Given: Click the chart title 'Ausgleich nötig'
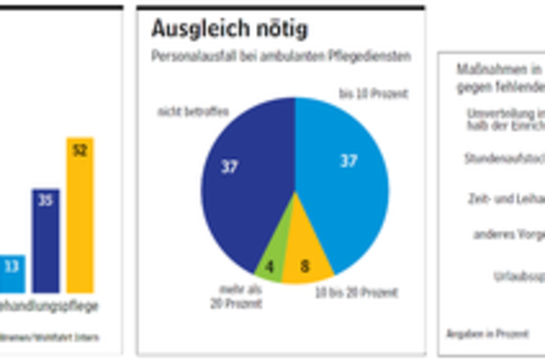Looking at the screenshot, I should [x=229, y=29].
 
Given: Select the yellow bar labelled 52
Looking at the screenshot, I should [x=80, y=222].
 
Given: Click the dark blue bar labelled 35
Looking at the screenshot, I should [x=45, y=244].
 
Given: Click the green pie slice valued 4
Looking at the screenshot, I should [x=270, y=267].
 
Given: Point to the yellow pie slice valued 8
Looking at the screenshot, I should [x=306, y=266].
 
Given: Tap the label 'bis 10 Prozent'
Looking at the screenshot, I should [x=373, y=92].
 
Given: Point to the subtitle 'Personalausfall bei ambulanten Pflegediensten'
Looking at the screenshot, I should [x=280, y=56].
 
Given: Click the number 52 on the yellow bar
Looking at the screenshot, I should [x=80, y=150].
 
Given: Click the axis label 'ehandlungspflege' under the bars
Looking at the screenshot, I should [x=49, y=305].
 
